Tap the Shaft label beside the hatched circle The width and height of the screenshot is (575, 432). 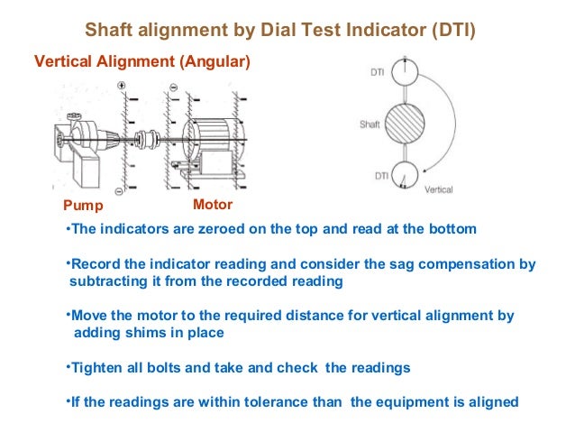click(x=370, y=124)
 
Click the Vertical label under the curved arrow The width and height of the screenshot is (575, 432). click(x=438, y=190)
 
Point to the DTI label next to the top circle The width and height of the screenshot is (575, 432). click(x=379, y=71)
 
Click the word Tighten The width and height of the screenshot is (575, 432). click(x=98, y=368)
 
